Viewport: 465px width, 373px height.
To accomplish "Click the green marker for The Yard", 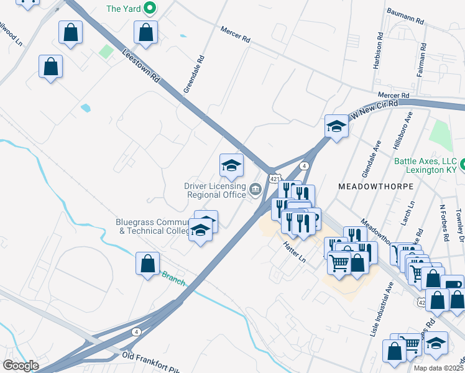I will (149, 9).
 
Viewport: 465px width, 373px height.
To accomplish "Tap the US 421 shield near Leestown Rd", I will (274, 178).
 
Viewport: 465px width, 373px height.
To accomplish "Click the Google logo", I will (21, 365).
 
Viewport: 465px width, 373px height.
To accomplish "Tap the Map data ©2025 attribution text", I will (438, 368).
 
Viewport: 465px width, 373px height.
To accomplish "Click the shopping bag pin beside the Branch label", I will (148, 264).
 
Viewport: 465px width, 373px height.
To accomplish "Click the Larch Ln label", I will (410, 213).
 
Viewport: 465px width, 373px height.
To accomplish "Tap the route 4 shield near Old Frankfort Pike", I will (136, 331).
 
